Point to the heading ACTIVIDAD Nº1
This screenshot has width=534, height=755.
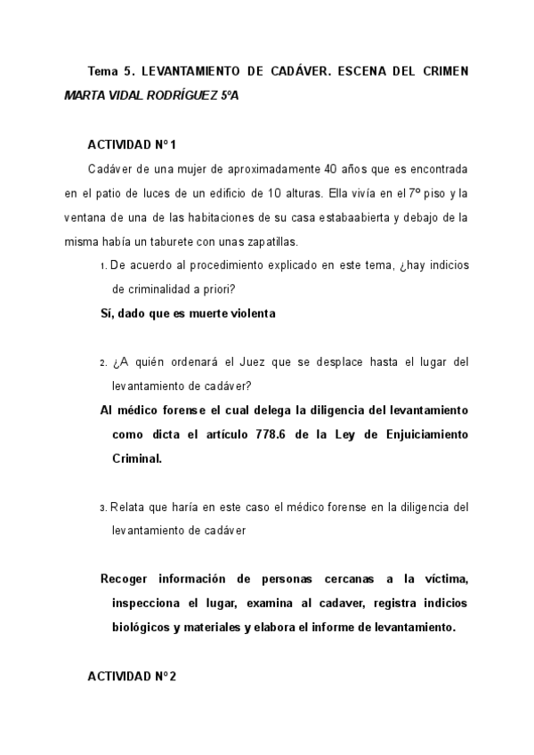(x=132, y=144)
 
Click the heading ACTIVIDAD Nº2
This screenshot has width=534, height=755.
(x=132, y=678)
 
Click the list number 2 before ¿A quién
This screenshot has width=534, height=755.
(x=103, y=363)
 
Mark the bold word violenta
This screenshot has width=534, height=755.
(x=247, y=313)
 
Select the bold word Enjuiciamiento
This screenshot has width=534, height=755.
(x=422, y=434)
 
